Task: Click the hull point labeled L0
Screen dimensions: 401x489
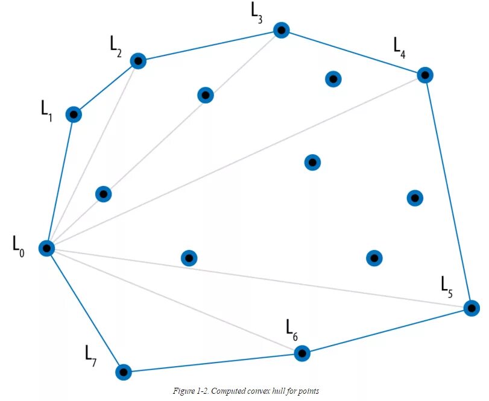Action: click(x=46, y=248)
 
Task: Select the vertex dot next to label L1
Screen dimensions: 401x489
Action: click(x=74, y=114)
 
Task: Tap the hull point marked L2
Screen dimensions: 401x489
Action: click(x=138, y=61)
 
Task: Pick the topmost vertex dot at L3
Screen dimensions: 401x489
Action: click(x=280, y=30)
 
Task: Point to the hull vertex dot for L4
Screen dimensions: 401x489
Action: click(x=425, y=75)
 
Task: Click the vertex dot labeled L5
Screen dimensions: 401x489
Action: click(x=472, y=308)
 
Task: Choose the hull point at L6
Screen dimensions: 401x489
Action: click(x=302, y=353)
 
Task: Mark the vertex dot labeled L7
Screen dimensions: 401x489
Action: click(x=123, y=372)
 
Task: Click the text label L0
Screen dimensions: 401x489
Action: click(x=19, y=246)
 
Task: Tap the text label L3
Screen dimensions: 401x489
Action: click(x=257, y=12)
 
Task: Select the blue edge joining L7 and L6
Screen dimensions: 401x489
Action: click(x=212, y=362)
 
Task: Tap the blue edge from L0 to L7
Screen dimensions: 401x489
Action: click(x=84, y=309)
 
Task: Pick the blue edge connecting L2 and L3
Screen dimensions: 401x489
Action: click(x=209, y=46)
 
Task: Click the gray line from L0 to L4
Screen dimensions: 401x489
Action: click(x=235, y=162)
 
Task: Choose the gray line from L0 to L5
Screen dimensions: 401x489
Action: click(x=259, y=278)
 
